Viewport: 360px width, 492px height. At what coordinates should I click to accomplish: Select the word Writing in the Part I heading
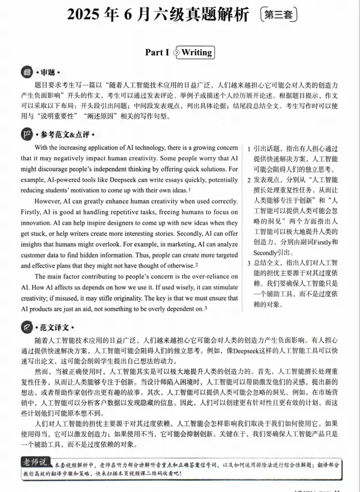[x=197, y=52]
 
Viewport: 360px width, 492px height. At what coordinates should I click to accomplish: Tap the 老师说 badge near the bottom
[x=37, y=461]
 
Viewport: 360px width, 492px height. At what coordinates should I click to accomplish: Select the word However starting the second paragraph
[x=50, y=200]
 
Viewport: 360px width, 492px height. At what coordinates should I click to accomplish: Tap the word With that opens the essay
[x=44, y=147]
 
